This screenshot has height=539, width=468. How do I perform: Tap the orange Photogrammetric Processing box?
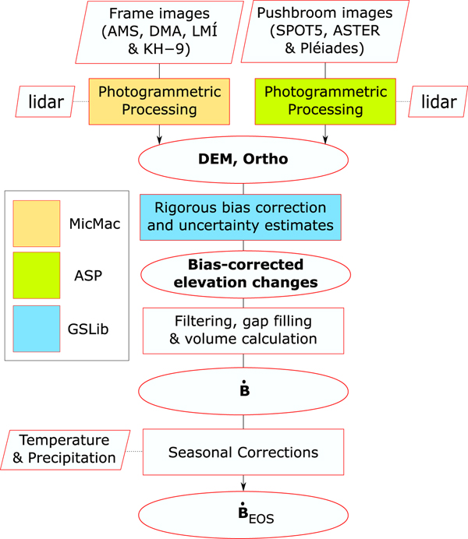pos(160,100)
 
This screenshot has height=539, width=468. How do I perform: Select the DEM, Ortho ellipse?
pos(243,159)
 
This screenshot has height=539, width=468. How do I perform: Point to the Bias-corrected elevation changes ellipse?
pos(243,273)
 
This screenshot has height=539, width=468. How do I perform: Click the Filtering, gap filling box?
pos(243,329)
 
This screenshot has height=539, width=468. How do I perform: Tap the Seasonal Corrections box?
pos(243,452)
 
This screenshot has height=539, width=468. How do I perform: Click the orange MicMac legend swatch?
pos(36,223)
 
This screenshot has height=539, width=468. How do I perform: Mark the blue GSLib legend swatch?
pos(36,328)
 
